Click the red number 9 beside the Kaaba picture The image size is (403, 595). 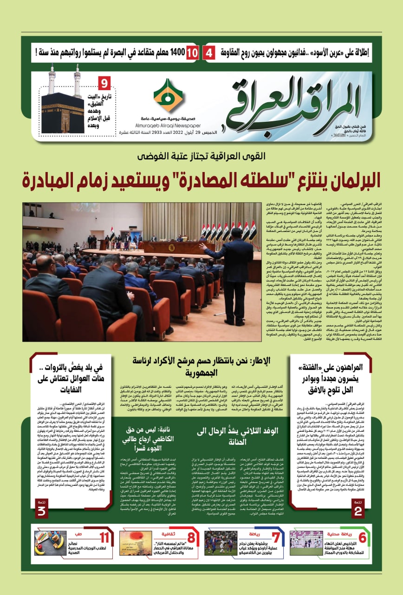pos(104,84)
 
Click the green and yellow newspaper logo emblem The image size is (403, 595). pos(169,95)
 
